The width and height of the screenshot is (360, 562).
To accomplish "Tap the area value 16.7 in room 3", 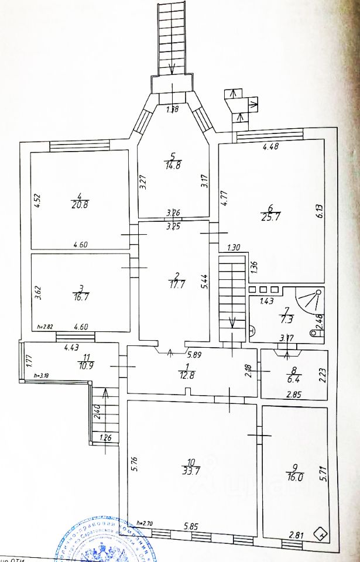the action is coord(80,296).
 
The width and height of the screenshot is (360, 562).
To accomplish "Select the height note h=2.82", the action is coord(44,327).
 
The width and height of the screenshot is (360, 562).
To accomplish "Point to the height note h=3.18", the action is coord(43,375).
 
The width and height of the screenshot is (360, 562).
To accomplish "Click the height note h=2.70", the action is coord(145,522).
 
